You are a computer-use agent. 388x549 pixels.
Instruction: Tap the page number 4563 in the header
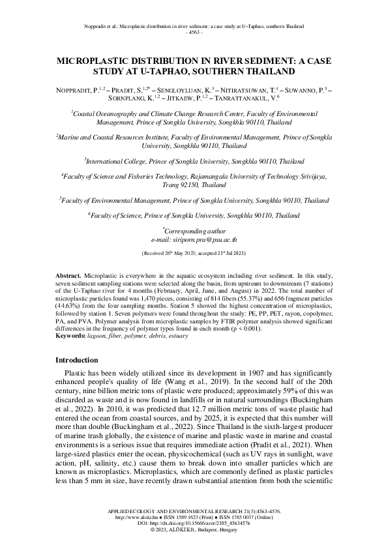194,31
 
